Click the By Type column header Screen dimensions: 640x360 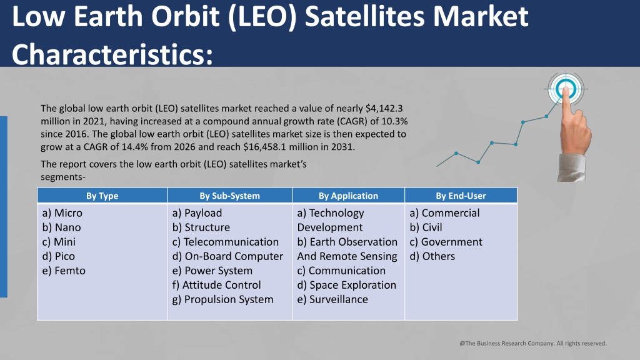[102, 196]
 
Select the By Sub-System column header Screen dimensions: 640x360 [229, 196]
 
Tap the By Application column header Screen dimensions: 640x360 [348, 196]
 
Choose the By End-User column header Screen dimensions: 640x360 [461, 196]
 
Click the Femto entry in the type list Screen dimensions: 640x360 [64, 271]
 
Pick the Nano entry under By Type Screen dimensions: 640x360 [61, 227]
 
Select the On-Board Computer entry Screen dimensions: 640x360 [227, 256]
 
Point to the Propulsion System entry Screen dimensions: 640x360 [223, 299]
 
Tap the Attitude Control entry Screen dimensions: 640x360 [216, 285]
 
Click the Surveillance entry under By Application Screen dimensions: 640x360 [332, 299]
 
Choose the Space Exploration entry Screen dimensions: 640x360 [346, 285]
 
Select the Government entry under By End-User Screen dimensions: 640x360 [446, 242]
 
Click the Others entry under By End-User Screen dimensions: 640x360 [432, 256]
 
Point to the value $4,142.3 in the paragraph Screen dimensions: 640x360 [384, 109]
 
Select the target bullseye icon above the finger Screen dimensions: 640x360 [566, 89]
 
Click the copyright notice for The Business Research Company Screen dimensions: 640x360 [533, 343]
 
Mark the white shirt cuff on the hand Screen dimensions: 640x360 [571, 167]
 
